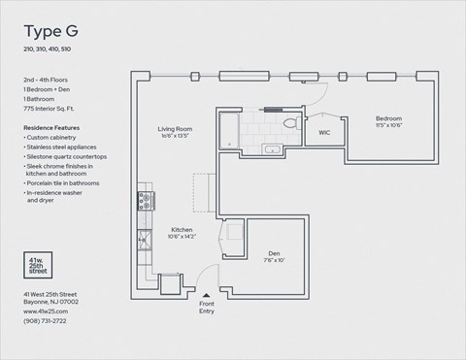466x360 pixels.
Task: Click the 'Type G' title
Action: [x=50, y=29]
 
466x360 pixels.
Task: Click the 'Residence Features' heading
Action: [x=51, y=127]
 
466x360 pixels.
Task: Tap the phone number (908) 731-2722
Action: [x=47, y=320]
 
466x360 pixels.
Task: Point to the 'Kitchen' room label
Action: [x=181, y=230]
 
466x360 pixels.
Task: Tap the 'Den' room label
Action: [x=274, y=253]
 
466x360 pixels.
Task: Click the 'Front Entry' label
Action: [x=206, y=307]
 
